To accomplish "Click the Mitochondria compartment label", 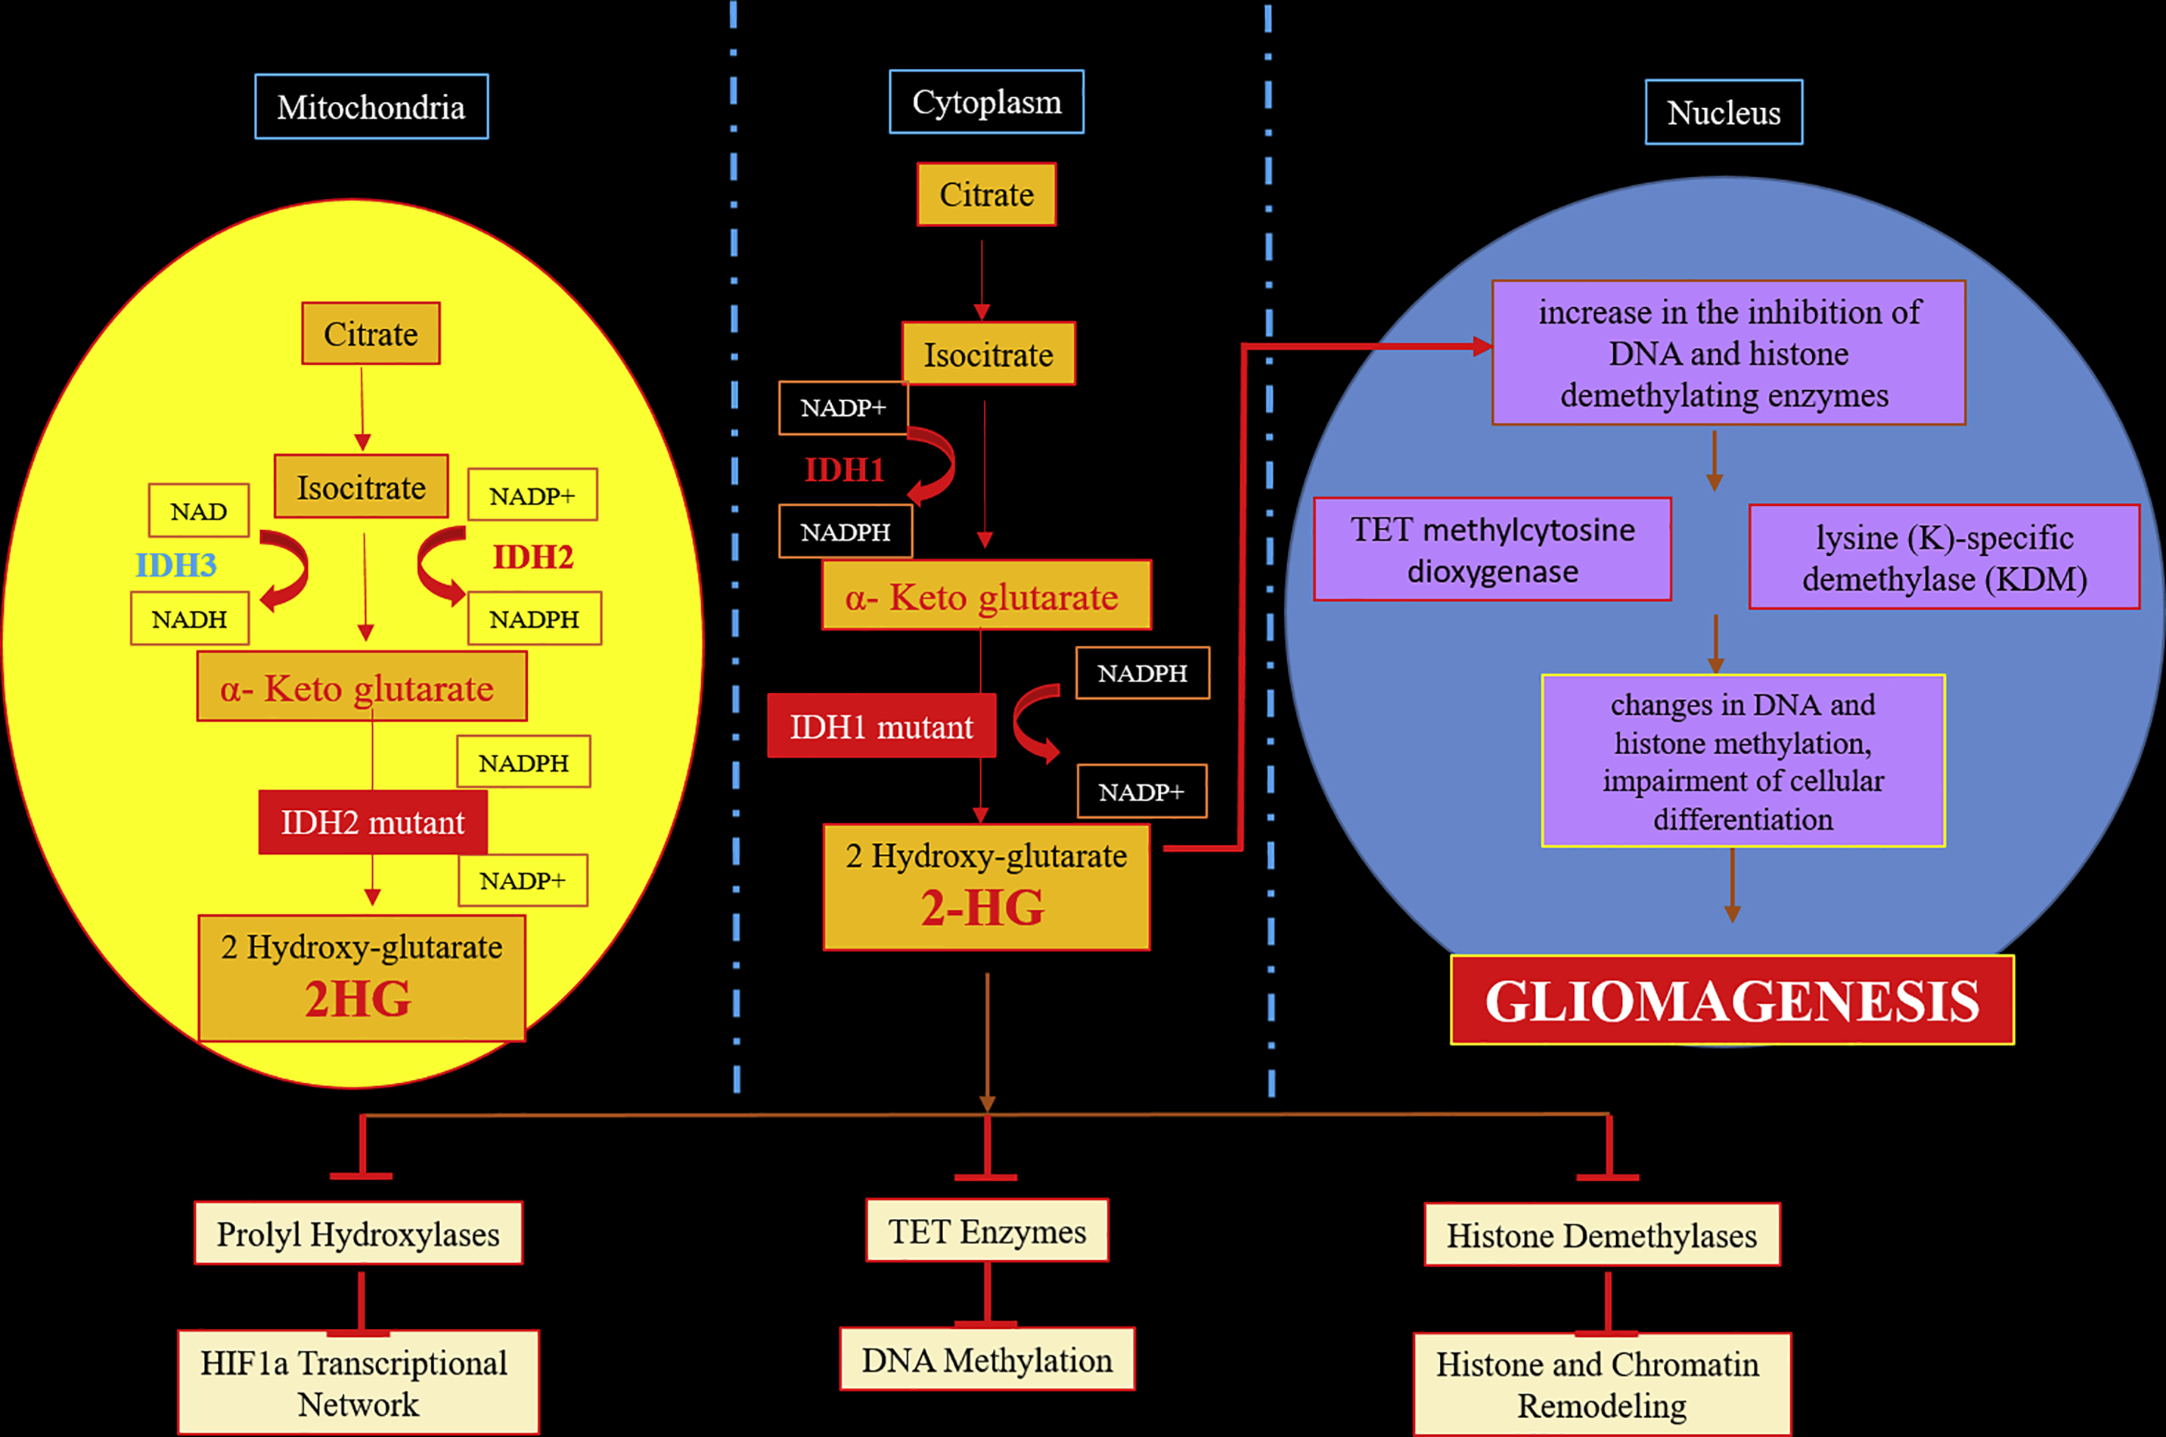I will click(x=371, y=107).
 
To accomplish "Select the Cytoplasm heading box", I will click(x=986, y=102).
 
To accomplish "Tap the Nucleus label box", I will click(x=1724, y=113).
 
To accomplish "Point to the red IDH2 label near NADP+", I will click(x=532, y=557).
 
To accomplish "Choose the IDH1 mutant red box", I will click(x=881, y=727).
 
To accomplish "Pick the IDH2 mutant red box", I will click(x=372, y=822).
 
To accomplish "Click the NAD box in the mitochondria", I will click(x=199, y=511).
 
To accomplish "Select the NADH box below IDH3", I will click(x=190, y=619).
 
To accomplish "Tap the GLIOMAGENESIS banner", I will click(x=1732, y=1000).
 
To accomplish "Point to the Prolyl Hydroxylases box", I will click(x=358, y=1234).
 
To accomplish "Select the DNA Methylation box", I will click(x=987, y=1360).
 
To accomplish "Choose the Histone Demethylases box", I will click(x=1602, y=1235).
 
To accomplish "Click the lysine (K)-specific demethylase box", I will click(x=1944, y=557).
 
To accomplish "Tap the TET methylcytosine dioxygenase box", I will click(x=1493, y=550).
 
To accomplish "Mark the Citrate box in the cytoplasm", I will click(x=986, y=194).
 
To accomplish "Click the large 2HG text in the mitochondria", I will click(x=358, y=999).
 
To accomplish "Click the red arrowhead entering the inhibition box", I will click(x=1482, y=346).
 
